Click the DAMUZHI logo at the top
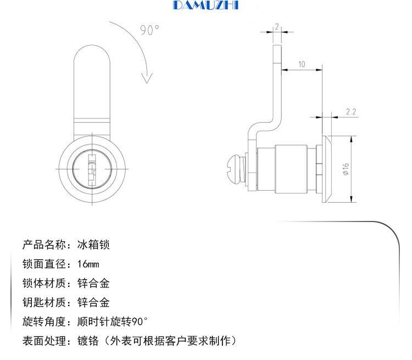click(206, 5)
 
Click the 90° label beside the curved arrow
click(150, 30)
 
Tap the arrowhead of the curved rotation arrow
click(147, 77)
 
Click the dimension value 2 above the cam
click(277, 26)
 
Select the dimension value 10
click(302, 64)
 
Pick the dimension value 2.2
click(351, 112)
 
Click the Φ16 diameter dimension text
click(346, 169)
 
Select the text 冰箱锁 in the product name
click(93, 245)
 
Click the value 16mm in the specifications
click(88, 264)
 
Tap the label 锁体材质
click(44, 283)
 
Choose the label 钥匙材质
click(44, 302)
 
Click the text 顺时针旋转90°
click(113, 322)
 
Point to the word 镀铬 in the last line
click(88, 341)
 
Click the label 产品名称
click(44, 245)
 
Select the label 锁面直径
click(44, 264)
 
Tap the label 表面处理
click(44, 341)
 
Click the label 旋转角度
click(44, 322)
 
